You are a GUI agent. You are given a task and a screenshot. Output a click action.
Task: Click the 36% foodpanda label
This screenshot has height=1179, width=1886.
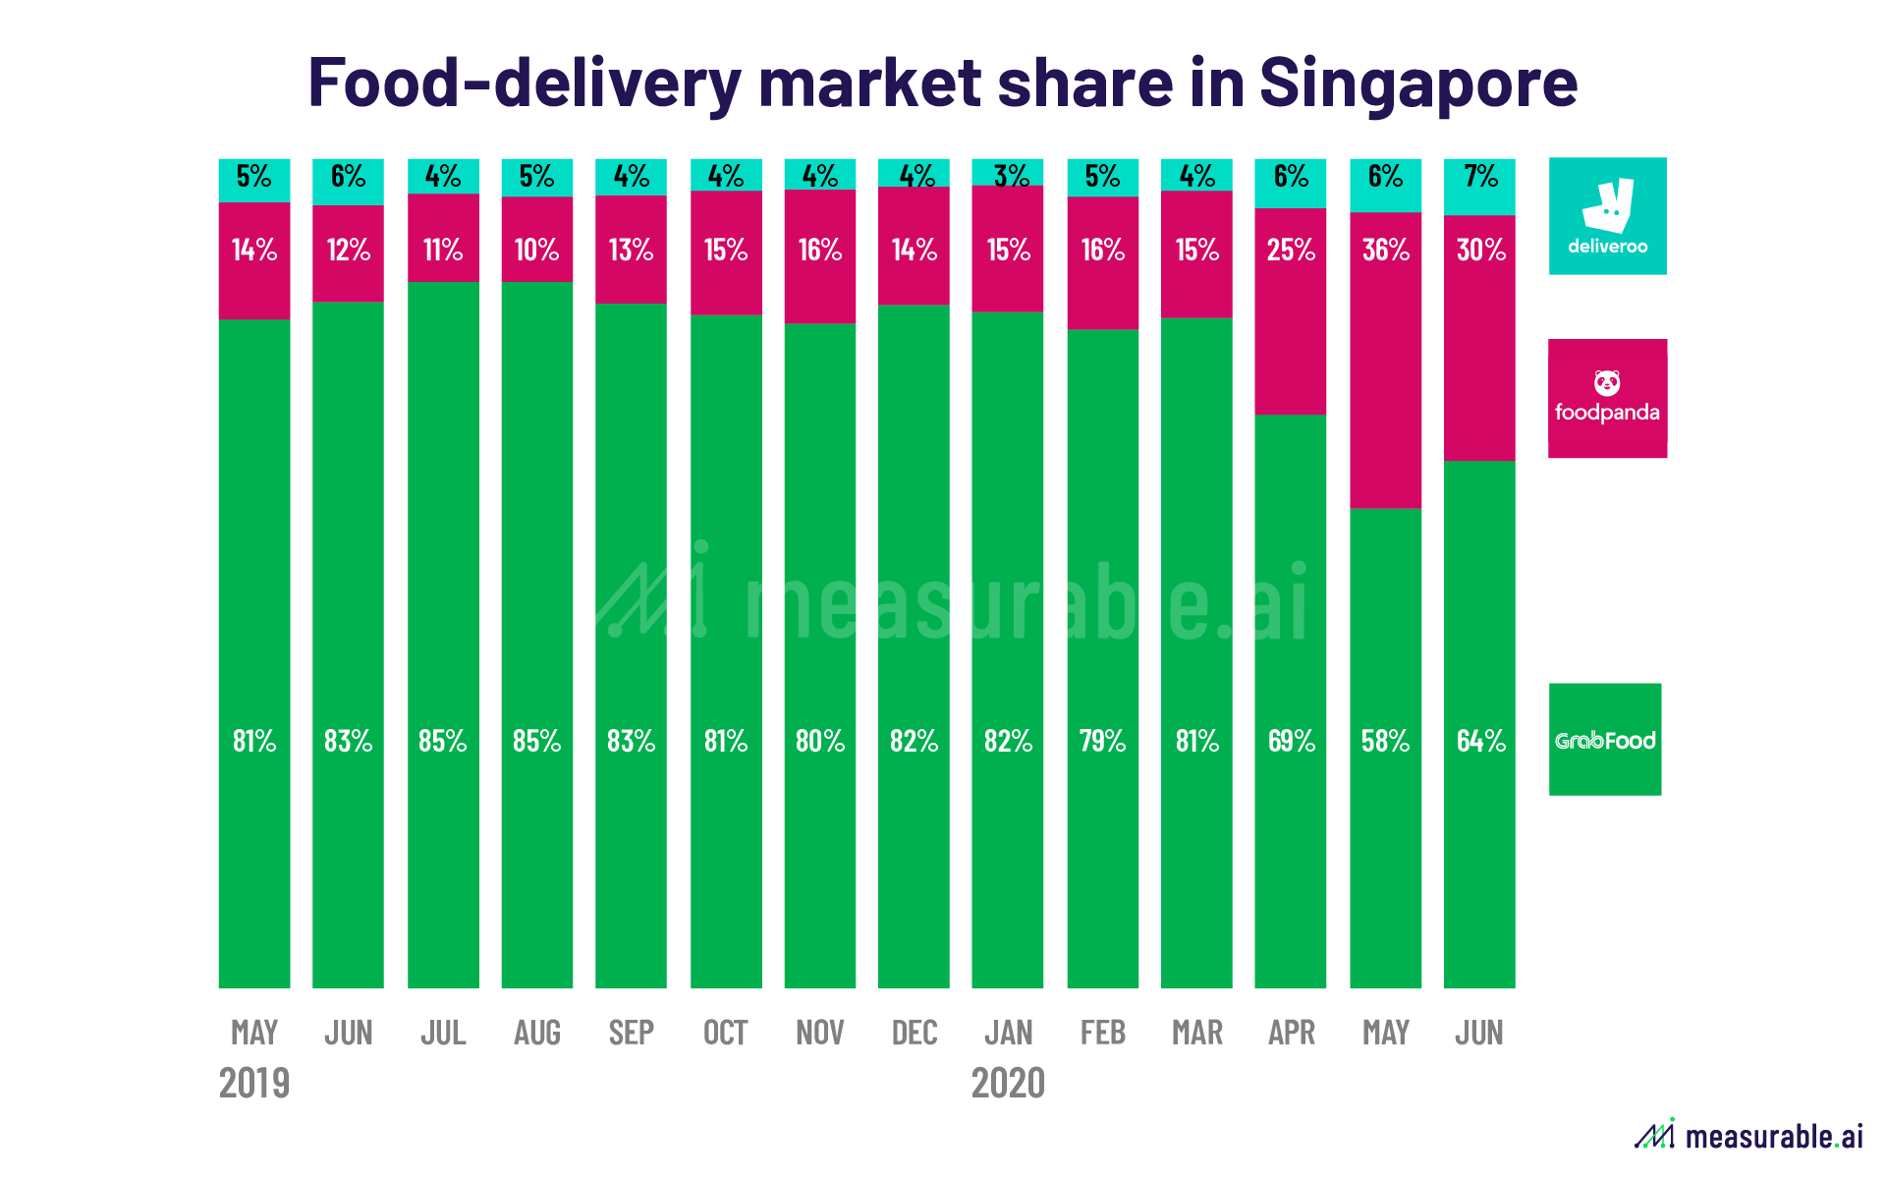point(1385,250)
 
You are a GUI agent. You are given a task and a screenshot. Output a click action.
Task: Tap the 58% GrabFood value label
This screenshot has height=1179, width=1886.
point(1385,740)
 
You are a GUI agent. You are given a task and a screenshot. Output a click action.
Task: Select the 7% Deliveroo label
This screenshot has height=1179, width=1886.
point(1479,176)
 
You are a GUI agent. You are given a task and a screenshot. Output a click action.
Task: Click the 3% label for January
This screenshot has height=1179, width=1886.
point(1009,176)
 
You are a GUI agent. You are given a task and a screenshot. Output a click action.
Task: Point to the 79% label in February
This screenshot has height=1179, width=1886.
point(1102,740)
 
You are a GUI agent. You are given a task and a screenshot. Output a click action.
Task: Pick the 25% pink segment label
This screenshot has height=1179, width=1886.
point(1291,250)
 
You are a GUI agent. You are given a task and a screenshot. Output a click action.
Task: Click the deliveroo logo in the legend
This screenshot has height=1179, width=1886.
point(1607,216)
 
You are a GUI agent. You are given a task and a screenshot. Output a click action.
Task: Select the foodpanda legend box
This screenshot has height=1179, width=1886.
point(1607,398)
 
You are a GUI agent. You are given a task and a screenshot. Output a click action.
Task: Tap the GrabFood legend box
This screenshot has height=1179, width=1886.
point(1605,739)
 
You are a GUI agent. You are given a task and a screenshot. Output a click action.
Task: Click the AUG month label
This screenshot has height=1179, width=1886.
point(537,1033)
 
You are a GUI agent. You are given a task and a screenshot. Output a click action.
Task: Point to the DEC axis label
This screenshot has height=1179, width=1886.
point(914,1033)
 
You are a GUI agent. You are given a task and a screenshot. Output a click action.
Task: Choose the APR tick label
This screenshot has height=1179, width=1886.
point(1291,1033)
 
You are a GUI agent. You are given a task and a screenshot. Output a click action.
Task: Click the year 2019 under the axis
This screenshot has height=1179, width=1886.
point(254,1083)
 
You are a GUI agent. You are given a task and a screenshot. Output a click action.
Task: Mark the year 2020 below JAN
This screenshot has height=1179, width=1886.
point(1008,1083)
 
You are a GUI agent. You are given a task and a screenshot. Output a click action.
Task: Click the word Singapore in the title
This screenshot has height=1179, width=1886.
point(1417,83)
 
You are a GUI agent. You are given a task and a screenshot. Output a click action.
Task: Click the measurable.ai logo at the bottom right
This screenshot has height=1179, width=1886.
point(1748,1136)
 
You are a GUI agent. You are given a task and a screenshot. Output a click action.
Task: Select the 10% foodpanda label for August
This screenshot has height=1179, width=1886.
point(536,250)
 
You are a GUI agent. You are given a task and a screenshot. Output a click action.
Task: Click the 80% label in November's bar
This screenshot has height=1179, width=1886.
point(820,740)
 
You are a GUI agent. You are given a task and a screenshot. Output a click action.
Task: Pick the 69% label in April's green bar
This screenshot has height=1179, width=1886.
point(1291,740)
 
